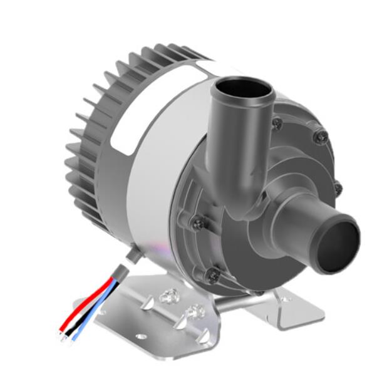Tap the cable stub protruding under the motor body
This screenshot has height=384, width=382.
(132, 254)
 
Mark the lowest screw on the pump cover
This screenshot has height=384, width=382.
(213, 274)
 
